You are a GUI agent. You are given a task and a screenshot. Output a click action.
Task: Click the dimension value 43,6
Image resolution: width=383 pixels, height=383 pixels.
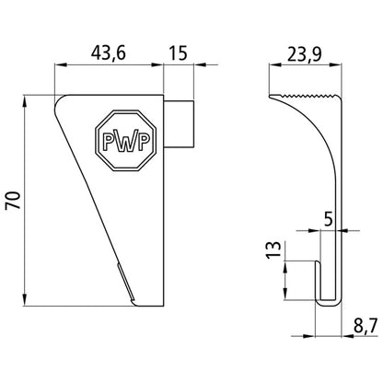(x=110, y=52)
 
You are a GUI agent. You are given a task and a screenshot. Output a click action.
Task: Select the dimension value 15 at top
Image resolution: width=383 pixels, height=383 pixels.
(x=179, y=52)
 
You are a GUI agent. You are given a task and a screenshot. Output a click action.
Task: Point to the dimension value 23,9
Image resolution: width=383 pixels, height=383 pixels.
(x=304, y=52)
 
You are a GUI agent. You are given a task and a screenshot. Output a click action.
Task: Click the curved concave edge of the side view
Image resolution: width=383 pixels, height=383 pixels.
(x=313, y=157)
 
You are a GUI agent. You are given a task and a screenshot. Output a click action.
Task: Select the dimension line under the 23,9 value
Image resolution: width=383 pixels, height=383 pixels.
(x=304, y=65)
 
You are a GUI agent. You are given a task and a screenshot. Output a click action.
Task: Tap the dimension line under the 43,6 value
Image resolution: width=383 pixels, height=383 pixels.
(x=110, y=65)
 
